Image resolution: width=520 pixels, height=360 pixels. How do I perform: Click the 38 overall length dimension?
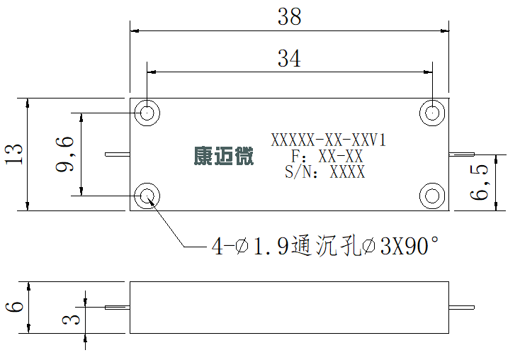(290, 16)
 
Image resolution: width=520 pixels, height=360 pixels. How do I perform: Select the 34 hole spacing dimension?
(289, 58)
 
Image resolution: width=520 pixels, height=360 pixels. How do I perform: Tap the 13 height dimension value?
(14, 154)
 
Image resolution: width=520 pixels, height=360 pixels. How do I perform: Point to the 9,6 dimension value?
(64, 154)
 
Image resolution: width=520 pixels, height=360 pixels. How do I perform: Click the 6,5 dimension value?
(480, 182)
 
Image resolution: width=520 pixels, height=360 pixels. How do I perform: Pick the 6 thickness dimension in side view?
(15, 307)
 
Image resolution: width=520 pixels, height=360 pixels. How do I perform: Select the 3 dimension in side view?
(71, 320)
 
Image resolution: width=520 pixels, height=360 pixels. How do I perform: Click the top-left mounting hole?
(147, 113)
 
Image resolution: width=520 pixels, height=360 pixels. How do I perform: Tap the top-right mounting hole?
(432, 113)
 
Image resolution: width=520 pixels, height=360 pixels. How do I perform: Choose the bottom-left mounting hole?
(147, 196)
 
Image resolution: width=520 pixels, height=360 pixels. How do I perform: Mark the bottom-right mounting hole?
(432, 196)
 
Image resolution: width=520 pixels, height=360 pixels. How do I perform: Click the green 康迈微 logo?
(224, 156)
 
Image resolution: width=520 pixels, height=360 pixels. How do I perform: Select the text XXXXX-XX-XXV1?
(329, 140)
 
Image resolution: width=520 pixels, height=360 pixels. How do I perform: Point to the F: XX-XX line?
(327, 157)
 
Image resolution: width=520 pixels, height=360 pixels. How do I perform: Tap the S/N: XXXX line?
(325, 172)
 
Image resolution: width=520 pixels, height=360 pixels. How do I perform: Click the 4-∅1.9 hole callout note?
(325, 246)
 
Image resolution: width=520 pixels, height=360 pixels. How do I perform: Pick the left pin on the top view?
(118, 154)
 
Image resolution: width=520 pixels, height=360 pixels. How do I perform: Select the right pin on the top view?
(462, 154)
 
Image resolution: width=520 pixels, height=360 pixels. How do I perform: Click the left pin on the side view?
(118, 308)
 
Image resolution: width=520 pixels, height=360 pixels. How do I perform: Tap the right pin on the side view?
(462, 308)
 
